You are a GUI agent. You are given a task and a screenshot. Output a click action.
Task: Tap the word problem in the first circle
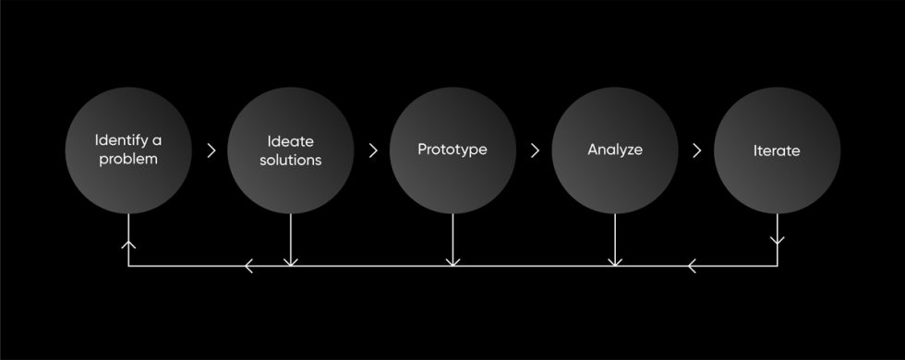pos(127,159)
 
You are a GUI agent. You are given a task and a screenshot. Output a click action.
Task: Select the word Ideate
pos(290,141)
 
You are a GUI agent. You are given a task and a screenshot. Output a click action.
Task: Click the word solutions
pos(290,160)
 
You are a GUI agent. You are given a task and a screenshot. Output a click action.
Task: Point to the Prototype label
pos(452,150)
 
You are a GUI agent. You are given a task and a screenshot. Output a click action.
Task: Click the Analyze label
pos(614,149)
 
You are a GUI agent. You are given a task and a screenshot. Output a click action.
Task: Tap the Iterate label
pos(776,150)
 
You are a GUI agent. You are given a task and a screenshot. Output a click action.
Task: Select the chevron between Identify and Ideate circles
pos(211,150)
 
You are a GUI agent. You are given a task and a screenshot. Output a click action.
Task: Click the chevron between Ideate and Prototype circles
pos(373,150)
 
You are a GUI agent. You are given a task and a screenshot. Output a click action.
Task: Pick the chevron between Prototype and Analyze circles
pos(535,150)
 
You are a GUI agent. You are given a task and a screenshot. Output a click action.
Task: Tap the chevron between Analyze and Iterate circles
pos(696,150)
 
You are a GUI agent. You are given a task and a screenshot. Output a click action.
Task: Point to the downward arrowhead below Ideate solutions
pos(291,262)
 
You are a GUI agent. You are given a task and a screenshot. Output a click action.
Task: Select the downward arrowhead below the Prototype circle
pos(452,262)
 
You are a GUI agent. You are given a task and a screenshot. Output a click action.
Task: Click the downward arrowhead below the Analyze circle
pos(615,262)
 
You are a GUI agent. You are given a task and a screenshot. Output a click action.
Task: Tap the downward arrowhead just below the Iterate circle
pos(777,241)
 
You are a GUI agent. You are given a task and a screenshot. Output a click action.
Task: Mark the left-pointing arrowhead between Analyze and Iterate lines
pos(693,267)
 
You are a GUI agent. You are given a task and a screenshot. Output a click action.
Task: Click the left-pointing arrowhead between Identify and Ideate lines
pos(249,267)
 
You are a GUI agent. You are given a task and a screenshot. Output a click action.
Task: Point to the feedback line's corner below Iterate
pos(777,267)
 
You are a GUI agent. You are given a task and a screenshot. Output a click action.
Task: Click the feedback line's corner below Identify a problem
pos(128,267)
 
